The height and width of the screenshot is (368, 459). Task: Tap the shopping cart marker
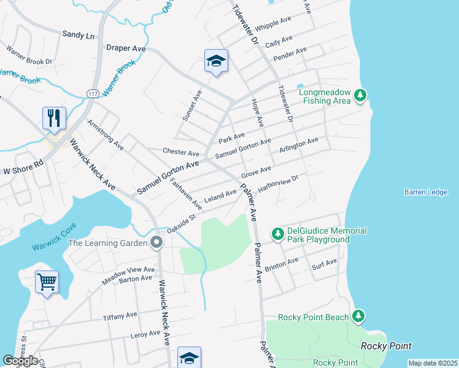(47, 282)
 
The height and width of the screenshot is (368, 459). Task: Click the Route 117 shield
(93, 93)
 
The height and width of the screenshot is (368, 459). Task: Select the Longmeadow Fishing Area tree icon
(361, 95)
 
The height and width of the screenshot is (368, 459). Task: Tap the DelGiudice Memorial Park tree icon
(278, 233)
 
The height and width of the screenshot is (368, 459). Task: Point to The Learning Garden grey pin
(157, 243)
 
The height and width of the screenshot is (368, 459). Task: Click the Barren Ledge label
(426, 192)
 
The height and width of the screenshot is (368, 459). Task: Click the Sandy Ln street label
(78, 36)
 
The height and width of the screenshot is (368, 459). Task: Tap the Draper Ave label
(125, 47)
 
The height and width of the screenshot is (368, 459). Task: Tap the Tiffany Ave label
(120, 315)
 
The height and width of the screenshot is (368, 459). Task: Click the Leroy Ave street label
(145, 335)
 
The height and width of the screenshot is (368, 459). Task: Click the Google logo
(20, 361)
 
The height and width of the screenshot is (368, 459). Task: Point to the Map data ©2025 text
(432, 363)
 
